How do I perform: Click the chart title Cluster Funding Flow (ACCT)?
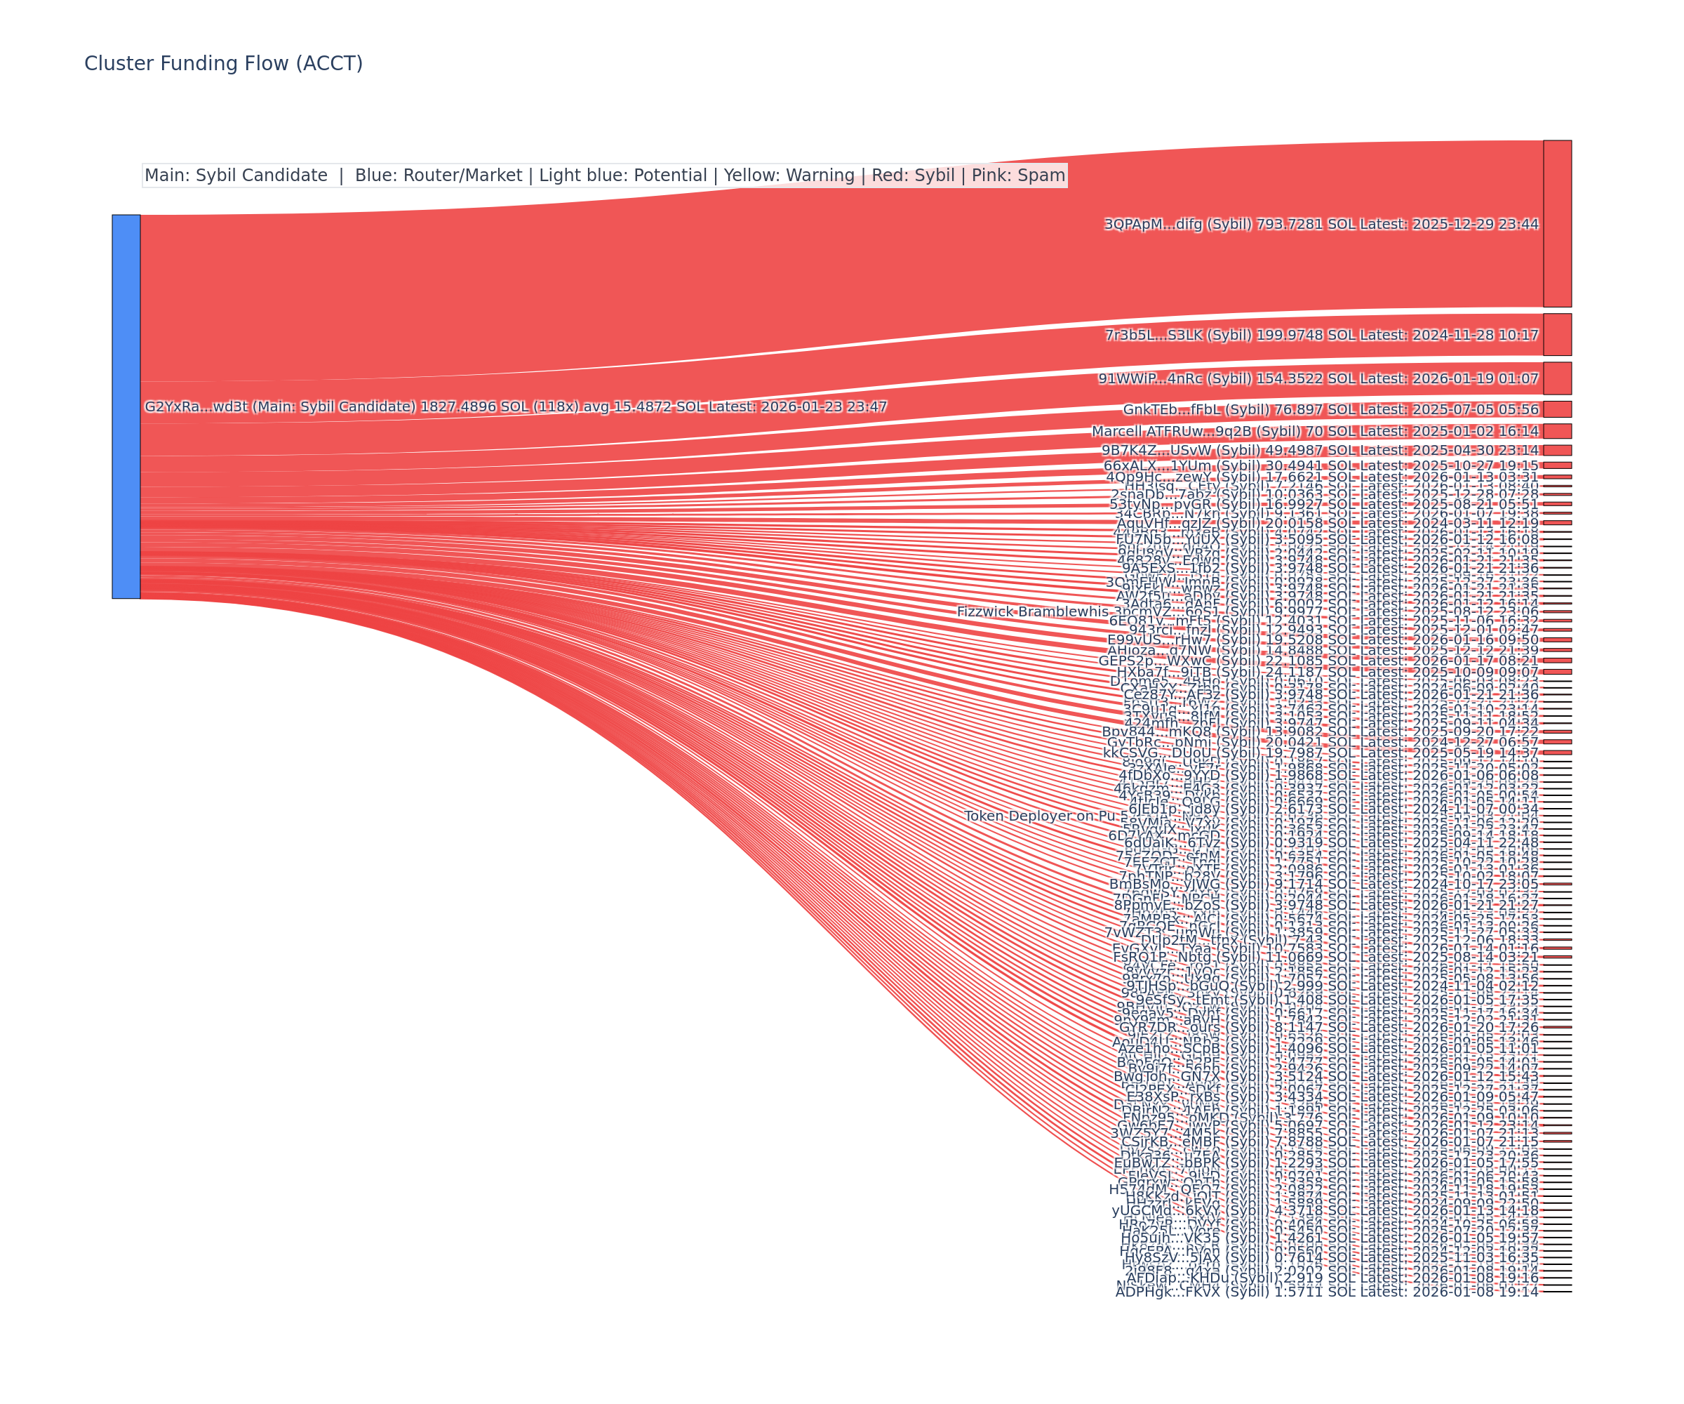click(223, 63)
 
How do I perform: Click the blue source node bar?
click(126, 406)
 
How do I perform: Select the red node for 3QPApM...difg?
click(1556, 223)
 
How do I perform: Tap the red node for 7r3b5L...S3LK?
click(1556, 335)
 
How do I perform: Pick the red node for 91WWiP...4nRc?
click(1556, 378)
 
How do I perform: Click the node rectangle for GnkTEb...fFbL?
click(1556, 409)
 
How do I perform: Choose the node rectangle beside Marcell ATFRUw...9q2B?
click(1556, 431)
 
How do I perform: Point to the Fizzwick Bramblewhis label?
click(1032, 612)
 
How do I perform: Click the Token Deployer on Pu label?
click(1040, 816)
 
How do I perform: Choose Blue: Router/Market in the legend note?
click(438, 175)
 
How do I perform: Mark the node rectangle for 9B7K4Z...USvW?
click(1556, 450)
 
